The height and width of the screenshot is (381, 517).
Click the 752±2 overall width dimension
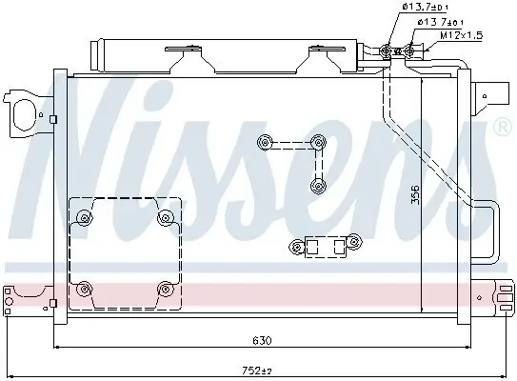coord(257,371)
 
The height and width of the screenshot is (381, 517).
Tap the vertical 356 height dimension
coord(416,194)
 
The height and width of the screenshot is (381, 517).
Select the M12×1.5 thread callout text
coord(462,35)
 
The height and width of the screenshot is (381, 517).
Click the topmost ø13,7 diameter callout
coord(425,7)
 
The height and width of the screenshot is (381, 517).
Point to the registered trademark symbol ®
coord(502,127)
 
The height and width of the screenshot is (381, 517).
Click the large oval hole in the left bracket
coord(24,115)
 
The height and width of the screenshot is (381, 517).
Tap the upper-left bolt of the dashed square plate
coord(85,218)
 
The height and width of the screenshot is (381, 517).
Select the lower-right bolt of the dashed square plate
coord(166,290)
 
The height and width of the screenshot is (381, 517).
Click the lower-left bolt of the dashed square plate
coord(85,290)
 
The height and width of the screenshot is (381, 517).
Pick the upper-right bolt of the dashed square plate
coord(166,218)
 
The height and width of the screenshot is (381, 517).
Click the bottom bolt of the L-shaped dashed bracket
coord(318,187)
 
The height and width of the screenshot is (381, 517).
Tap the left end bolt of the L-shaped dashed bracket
coord(265,143)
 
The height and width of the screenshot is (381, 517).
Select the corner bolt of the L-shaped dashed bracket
coord(318,143)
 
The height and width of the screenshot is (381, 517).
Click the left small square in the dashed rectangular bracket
coord(312,247)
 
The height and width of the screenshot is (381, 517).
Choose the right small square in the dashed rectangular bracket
coord(339,247)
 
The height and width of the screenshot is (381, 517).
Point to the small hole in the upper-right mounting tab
coord(485,96)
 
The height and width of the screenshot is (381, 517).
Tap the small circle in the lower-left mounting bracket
coord(9,301)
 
